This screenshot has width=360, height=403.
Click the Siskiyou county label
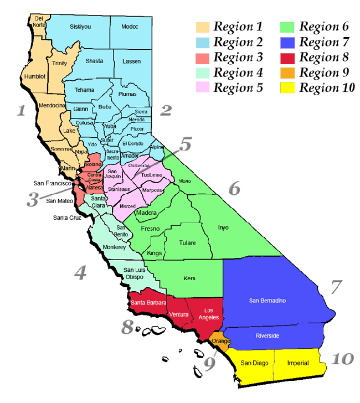pyautogui.click(x=80, y=27)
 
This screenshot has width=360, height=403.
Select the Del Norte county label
pyautogui.click(x=39, y=22)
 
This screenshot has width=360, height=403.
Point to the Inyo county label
pyautogui.click(x=223, y=227)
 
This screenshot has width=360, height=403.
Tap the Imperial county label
pyautogui.click(x=299, y=363)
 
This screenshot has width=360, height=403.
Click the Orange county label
pyautogui.click(x=221, y=341)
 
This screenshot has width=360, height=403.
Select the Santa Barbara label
pyautogui.click(x=148, y=303)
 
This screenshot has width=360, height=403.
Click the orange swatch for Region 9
pyautogui.click(x=288, y=73)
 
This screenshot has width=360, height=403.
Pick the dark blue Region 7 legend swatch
pyautogui.click(x=288, y=42)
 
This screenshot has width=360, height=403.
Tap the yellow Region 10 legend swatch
pyautogui.click(x=288, y=87)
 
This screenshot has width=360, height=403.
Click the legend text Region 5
pyautogui.click(x=239, y=87)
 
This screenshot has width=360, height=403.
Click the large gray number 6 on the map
pyautogui.click(x=235, y=188)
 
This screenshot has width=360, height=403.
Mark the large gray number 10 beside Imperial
pyautogui.click(x=342, y=359)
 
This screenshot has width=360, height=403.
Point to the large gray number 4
pyautogui.click(x=81, y=273)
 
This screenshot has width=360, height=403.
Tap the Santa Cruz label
pyautogui.click(x=66, y=217)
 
